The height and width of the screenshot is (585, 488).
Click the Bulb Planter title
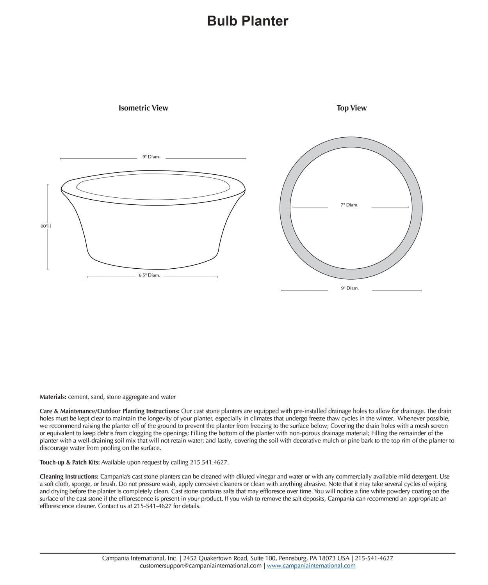(248, 21)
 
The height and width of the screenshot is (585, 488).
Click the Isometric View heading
(143, 108)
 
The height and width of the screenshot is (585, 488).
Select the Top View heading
(351, 108)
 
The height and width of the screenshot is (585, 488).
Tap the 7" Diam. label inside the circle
(349, 205)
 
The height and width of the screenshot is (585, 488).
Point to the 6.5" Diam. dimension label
(149, 275)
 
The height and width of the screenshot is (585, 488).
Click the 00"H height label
(45, 226)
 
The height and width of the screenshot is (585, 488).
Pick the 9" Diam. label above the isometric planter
(151, 157)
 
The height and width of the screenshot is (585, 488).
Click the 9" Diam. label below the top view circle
(349, 288)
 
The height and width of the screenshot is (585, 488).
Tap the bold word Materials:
(53, 397)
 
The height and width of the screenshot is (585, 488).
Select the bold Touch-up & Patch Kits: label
(70, 463)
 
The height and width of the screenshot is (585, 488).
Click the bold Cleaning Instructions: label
(69, 477)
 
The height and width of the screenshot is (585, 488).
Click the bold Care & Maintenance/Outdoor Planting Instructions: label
(110, 411)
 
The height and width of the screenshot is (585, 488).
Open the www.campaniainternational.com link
(311, 566)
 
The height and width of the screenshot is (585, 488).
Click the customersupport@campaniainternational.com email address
(201, 566)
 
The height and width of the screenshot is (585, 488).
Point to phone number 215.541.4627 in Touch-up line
(209, 463)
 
